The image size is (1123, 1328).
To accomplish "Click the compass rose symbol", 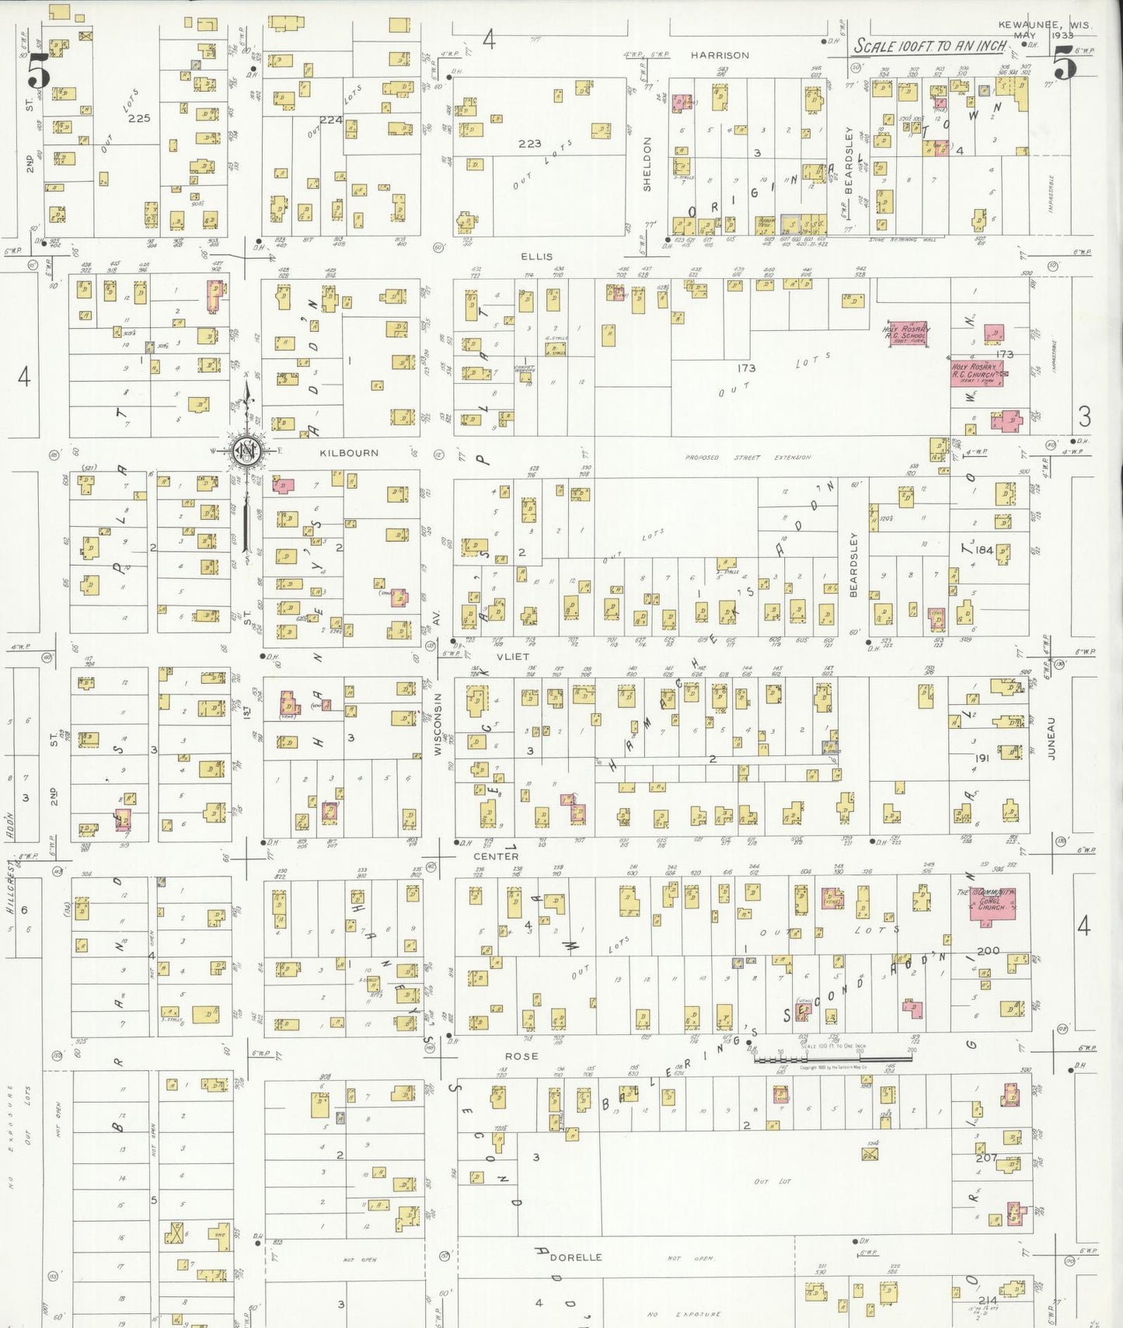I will click(247, 451).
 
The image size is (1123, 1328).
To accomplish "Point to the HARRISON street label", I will click(720, 55).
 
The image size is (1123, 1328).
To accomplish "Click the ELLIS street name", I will click(537, 256).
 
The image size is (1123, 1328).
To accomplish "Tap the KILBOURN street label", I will click(349, 453).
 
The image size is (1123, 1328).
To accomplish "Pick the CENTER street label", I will click(496, 856).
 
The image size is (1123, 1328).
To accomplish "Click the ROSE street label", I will click(521, 1056).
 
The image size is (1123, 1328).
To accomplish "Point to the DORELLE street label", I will click(576, 1257).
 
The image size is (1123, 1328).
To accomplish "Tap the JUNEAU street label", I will click(1051, 737).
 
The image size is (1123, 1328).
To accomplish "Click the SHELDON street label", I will click(647, 164).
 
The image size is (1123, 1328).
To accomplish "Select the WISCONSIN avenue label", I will click(437, 723).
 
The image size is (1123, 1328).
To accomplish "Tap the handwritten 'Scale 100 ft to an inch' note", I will click(930, 47).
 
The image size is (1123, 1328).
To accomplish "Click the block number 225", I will click(139, 118).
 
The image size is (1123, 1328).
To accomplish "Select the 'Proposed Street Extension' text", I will click(748, 458).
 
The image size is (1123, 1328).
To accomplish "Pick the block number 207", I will click(985, 1157).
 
